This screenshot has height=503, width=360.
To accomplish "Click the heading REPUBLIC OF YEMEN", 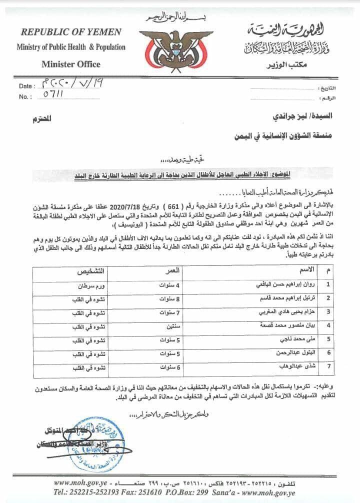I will coord(70,32).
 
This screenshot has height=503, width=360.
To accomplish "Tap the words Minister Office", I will coord(71,64).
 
